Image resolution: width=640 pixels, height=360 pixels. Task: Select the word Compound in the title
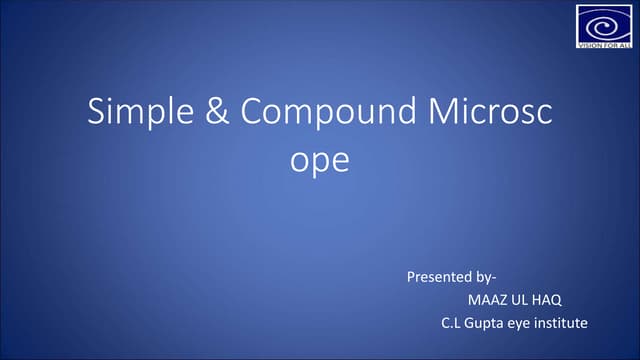pyautogui.click(x=324, y=114)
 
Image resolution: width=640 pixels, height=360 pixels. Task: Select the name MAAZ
pyautogui.click(x=487, y=299)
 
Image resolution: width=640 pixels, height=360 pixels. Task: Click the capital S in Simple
pyautogui.click(x=97, y=113)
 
